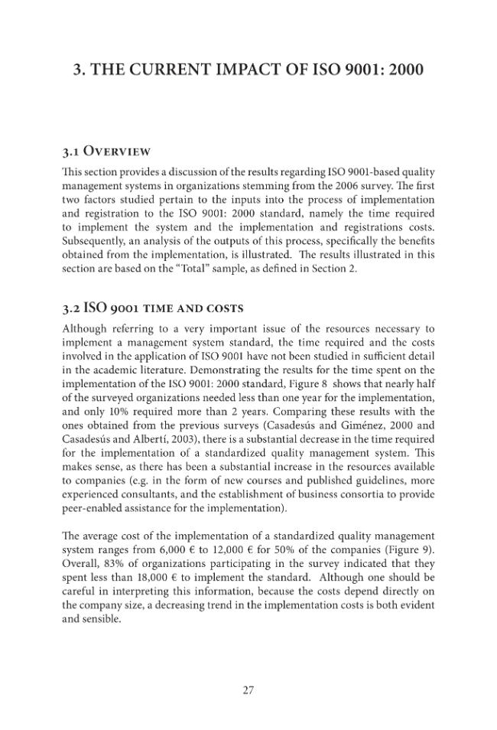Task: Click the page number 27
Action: click(248, 690)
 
